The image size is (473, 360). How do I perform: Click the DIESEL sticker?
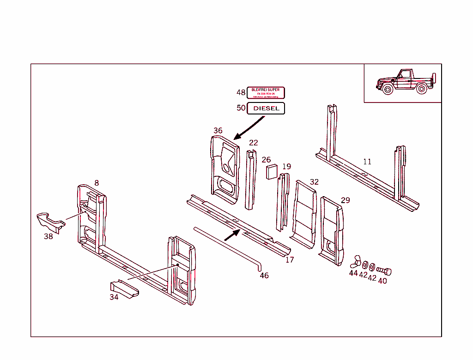point(267,108)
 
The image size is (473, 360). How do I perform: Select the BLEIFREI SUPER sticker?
point(266,93)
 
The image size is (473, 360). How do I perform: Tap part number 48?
point(241,92)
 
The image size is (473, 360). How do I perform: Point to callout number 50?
point(241,108)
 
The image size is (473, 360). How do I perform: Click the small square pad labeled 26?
point(271,171)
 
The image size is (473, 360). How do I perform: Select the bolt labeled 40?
point(383,270)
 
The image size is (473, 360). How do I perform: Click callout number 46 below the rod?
point(264,276)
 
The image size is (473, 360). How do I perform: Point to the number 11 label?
point(367,162)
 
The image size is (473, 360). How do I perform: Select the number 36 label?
point(218,131)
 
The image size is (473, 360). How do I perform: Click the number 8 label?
point(97,183)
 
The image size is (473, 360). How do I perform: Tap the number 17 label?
point(290,260)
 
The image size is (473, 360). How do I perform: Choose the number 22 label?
point(254,143)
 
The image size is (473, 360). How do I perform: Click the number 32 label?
point(314,182)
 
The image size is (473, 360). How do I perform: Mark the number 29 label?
point(346,200)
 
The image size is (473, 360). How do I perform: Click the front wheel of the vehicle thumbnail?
point(388,89)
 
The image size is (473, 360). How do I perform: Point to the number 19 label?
point(286,166)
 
